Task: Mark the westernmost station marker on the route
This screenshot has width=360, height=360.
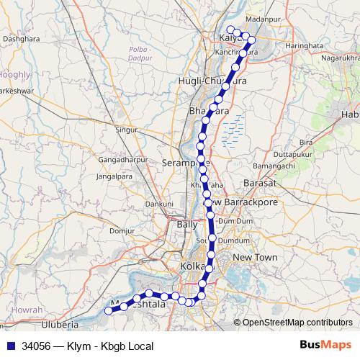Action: (x=109, y=310)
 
